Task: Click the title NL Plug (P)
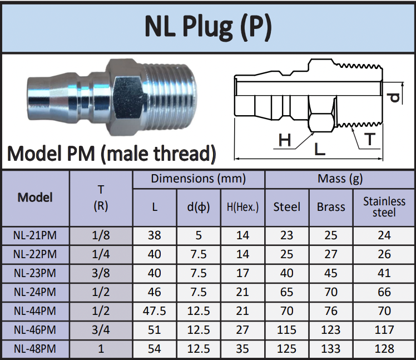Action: (x=208, y=27)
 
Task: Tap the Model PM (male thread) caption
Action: (x=112, y=154)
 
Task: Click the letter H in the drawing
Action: (x=285, y=140)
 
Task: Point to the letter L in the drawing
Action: (x=320, y=149)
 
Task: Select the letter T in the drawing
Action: (x=370, y=139)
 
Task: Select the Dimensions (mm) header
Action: (x=199, y=179)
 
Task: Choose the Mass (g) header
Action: (x=340, y=179)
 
